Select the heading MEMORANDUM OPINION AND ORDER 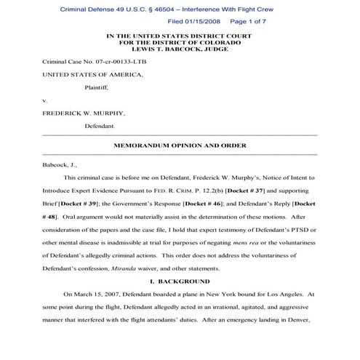[x=180, y=146]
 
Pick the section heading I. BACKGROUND [x=180, y=281]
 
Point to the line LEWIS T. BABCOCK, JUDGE [x=180, y=49]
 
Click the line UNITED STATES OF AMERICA [x=86, y=75]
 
